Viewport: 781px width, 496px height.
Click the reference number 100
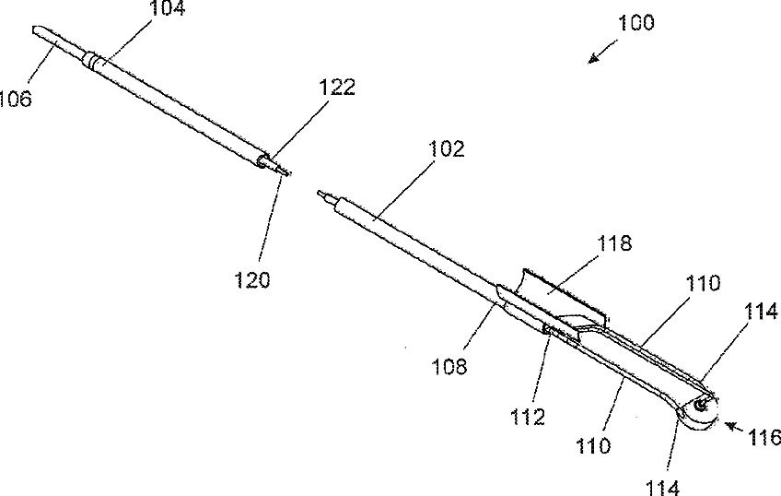[x=635, y=23]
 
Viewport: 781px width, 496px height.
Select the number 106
[x=16, y=97]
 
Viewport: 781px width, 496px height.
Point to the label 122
[x=335, y=88]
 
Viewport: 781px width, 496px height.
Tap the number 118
[x=613, y=243]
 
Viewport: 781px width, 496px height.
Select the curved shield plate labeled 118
[x=553, y=293]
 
